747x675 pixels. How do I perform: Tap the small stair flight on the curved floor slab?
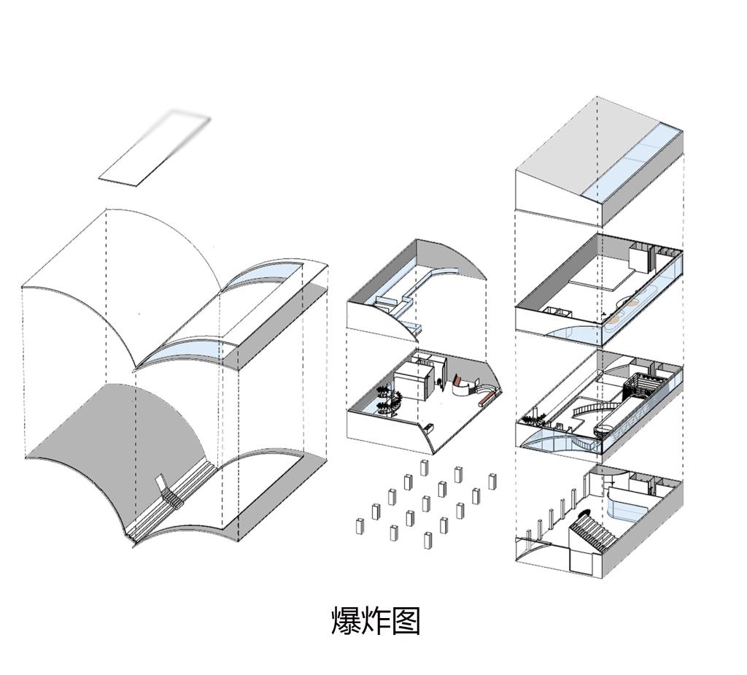[x=172, y=496]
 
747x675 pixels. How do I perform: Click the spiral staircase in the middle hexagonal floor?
[x=390, y=400]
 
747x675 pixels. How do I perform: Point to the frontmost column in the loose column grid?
[x=427, y=540]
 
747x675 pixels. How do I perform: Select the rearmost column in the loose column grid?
[x=424, y=468]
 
